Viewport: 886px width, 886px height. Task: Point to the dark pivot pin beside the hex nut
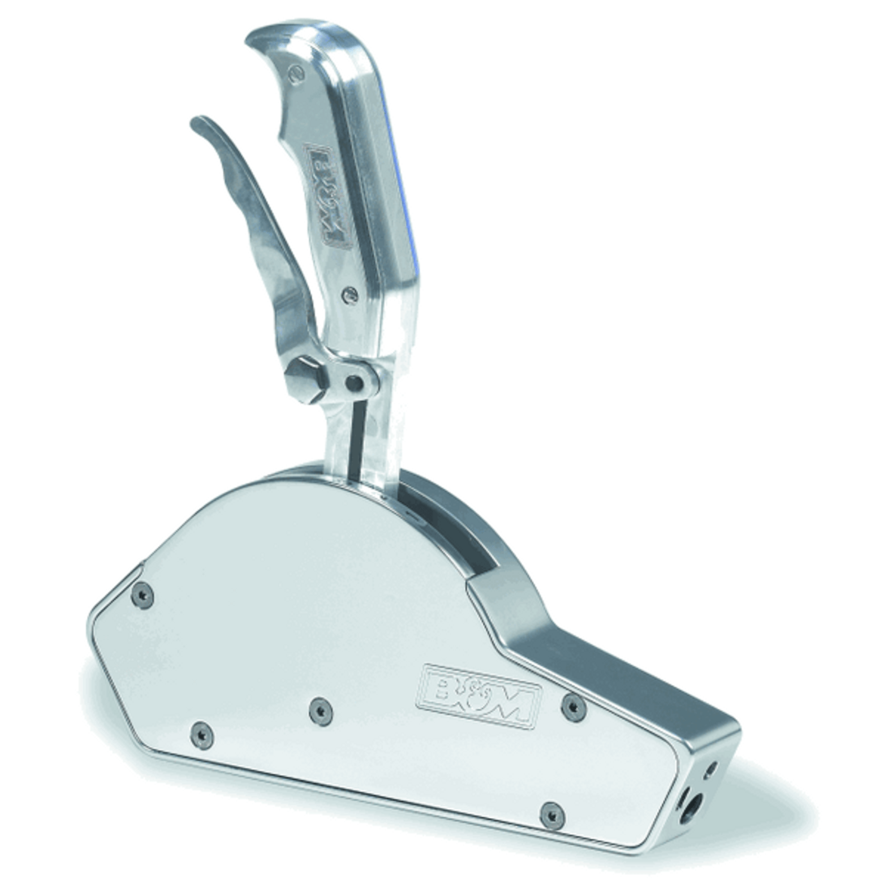[355, 380]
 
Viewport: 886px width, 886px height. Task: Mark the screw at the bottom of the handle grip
[349, 297]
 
